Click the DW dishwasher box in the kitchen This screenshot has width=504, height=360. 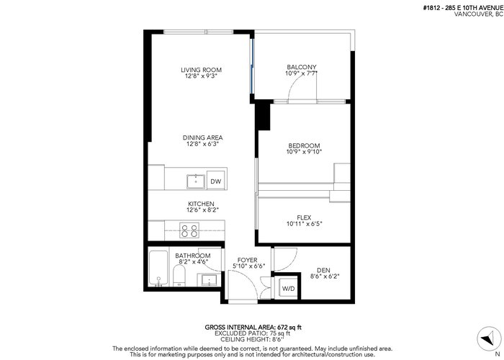coord(216,181)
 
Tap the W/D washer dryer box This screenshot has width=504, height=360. coord(288,288)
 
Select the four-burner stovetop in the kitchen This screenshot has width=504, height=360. coord(189,230)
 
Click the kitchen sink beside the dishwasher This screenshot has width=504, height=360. coord(196,181)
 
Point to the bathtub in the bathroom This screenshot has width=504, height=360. coord(158,268)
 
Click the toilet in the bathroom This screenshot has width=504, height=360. coord(179,276)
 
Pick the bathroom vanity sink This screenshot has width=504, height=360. coord(210,280)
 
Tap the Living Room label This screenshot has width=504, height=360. coord(201,70)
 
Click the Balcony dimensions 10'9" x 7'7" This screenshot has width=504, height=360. coord(301,73)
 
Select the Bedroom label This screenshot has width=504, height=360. coord(304,145)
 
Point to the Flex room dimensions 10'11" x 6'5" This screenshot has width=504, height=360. coord(305,224)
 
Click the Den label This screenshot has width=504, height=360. coord(323,270)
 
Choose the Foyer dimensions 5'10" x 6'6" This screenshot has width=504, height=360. coord(249,266)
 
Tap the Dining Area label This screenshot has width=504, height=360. coord(203,138)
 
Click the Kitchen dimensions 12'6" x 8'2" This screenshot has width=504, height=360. coord(201,210)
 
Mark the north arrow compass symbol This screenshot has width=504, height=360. coord(489,339)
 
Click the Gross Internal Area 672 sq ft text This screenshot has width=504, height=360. coord(253,328)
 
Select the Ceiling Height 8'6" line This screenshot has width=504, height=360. coord(253,339)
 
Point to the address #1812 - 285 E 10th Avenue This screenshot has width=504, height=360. coord(463,8)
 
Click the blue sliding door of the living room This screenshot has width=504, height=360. coord(252,66)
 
